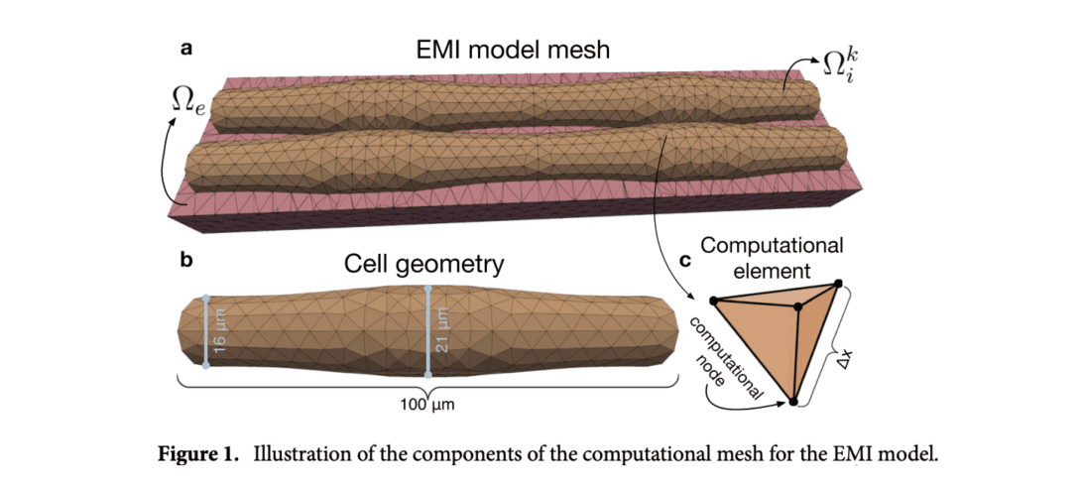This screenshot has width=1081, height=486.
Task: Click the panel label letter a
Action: [x=184, y=46]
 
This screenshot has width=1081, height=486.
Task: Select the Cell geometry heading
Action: [x=423, y=264]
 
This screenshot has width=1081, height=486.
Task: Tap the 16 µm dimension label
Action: [x=220, y=331]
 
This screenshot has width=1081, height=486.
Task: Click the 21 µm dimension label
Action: [x=442, y=331]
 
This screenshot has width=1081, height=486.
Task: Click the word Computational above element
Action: [x=772, y=244]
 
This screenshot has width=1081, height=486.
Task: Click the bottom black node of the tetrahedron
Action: [x=793, y=402]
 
